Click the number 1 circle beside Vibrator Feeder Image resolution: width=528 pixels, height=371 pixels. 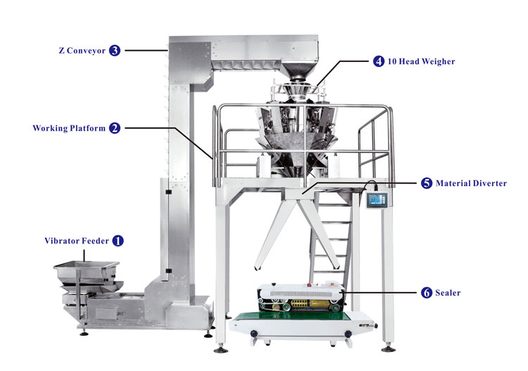(x=118, y=241)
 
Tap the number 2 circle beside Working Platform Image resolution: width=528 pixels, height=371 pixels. (x=115, y=128)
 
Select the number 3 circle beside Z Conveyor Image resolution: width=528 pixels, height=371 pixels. (x=115, y=50)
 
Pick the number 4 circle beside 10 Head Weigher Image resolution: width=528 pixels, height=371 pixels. (x=379, y=61)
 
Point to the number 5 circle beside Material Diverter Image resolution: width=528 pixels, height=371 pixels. (x=427, y=183)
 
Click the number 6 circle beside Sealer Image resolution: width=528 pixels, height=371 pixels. (x=427, y=292)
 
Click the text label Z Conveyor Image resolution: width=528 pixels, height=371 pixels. (x=81, y=50)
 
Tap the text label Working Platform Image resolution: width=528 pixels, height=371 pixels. (x=69, y=128)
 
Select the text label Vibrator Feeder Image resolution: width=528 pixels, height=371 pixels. (x=76, y=241)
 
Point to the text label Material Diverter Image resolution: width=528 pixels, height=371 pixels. (x=471, y=183)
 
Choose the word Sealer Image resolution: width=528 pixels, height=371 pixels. (x=448, y=292)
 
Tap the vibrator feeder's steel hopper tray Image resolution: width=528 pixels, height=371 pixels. (x=83, y=270)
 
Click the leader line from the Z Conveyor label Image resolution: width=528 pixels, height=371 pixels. (x=144, y=50)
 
